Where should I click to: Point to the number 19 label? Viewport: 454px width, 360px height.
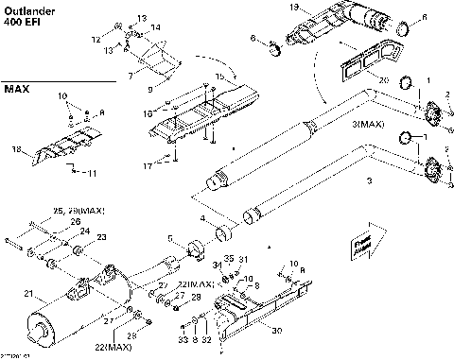coord(293,8)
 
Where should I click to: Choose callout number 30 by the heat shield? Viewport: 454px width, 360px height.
coord(276,331)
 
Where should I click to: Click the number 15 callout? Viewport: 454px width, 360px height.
coord(219,76)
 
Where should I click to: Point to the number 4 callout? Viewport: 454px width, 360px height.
coord(202,220)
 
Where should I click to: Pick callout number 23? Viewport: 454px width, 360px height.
coord(102,237)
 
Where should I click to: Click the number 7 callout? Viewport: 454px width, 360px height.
coord(131,74)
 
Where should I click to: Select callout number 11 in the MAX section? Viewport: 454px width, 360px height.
coord(91,174)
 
